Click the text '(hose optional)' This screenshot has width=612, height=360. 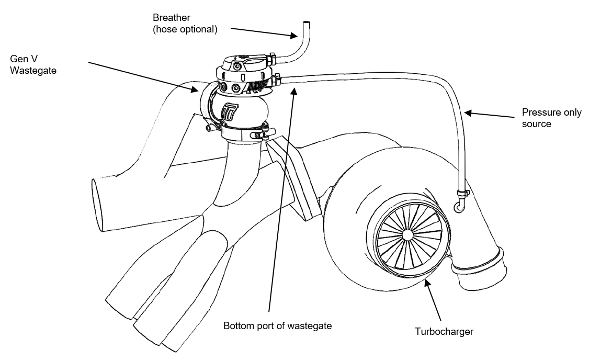[185, 29]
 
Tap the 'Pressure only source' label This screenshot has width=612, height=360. [552, 118]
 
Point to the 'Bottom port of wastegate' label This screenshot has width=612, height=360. [278, 325]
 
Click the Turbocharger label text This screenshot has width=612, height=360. [444, 331]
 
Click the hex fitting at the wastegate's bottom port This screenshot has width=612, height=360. [277, 80]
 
